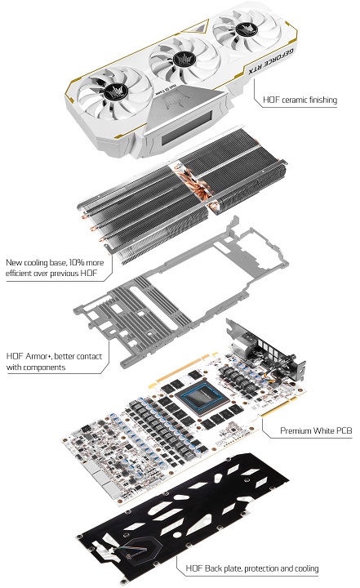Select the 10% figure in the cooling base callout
pyautogui.click(x=73, y=263)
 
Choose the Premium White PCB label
pyautogui.click(x=315, y=430)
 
